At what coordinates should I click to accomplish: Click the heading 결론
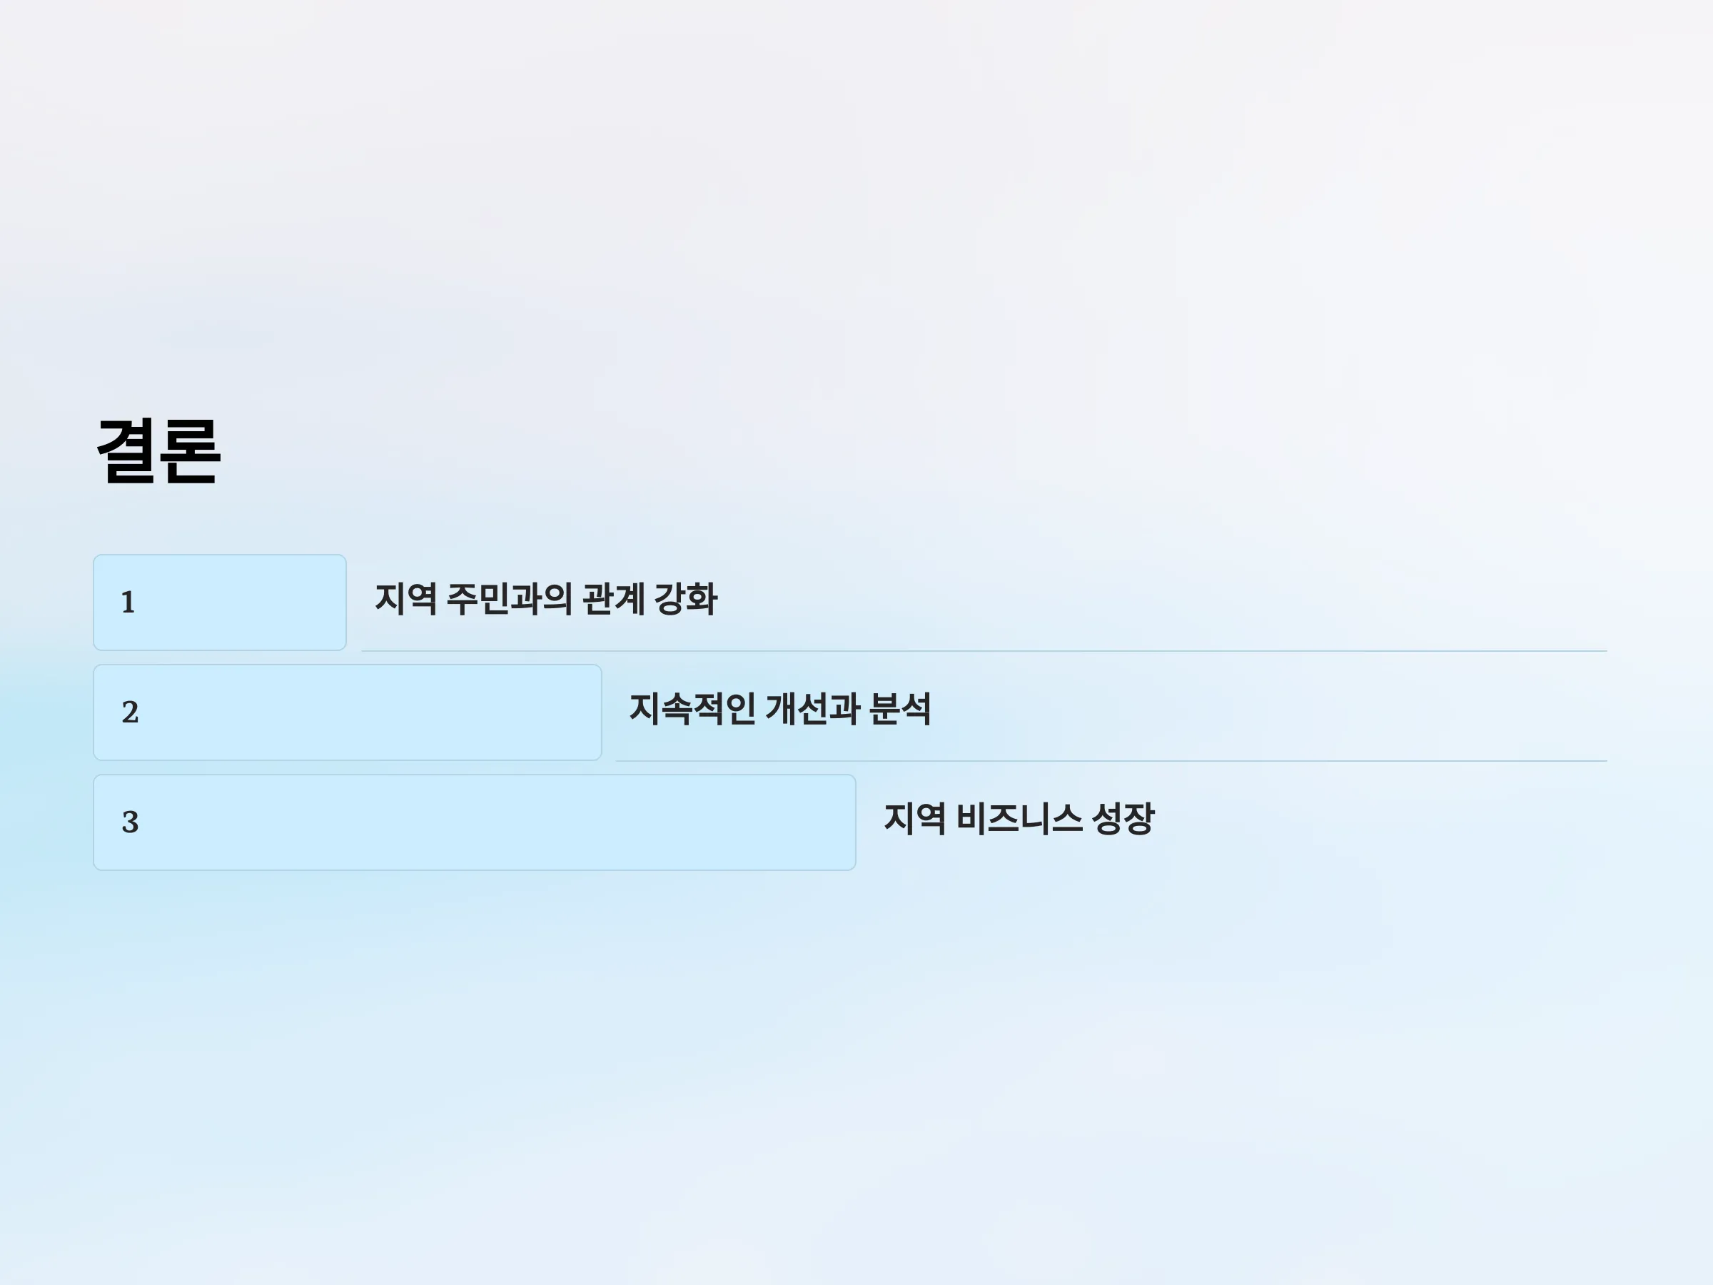pos(158,452)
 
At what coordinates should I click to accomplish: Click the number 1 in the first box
pos(128,603)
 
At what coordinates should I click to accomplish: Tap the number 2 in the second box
pos(130,712)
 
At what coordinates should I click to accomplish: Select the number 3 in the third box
pos(130,822)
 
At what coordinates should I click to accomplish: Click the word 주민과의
pos(510,599)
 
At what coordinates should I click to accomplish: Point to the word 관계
pos(613,599)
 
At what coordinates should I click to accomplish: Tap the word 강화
pos(686,599)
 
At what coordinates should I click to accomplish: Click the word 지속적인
pos(692,709)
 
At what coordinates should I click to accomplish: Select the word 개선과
pos(812,709)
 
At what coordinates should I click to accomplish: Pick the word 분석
pos(900,709)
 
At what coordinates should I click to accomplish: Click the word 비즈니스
pos(1019,819)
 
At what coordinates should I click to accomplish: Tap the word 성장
pos(1123,819)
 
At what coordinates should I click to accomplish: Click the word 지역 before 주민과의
pos(406,599)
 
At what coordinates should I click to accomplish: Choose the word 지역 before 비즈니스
pos(914,819)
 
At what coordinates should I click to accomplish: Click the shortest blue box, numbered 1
pos(220,603)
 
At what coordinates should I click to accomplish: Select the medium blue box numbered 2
pos(348,712)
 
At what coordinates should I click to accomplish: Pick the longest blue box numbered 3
pos(475,822)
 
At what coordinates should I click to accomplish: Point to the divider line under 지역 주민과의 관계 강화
pos(984,651)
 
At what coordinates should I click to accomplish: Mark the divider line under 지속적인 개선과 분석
pos(1111,762)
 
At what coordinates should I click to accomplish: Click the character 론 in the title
pos(191,452)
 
